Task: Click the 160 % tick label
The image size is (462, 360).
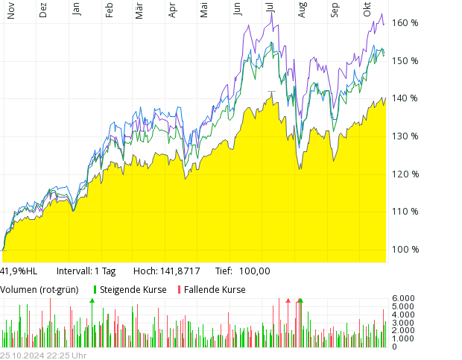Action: click(405, 23)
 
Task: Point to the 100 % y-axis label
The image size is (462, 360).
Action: click(405, 250)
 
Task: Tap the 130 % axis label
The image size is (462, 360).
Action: click(405, 136)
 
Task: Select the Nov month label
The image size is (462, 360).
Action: click(10, 11)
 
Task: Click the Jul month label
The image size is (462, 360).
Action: click(270, 8)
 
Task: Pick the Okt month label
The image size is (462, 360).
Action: click(367, 10)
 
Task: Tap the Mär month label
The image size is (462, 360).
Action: click(139, 11)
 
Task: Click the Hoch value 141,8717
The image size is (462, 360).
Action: click(183, 271)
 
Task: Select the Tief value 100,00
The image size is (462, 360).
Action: click(255, 271)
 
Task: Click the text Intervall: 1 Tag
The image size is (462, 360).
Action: click(86, 271)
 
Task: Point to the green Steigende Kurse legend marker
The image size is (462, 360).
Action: click(95, 290)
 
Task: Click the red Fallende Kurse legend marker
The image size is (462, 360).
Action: click(179, 290)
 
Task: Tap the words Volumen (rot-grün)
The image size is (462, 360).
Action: click(39, 290)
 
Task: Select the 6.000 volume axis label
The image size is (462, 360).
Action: click(403, 298)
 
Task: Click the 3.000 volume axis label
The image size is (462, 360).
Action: click(403, 323)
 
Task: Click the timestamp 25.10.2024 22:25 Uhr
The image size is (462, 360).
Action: click(43, 356)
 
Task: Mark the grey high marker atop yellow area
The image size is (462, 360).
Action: click(271, 92)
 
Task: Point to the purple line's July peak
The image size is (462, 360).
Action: click(272, 13)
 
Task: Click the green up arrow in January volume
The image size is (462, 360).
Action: click(92, 300)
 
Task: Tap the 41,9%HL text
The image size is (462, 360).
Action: click(19, 271)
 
